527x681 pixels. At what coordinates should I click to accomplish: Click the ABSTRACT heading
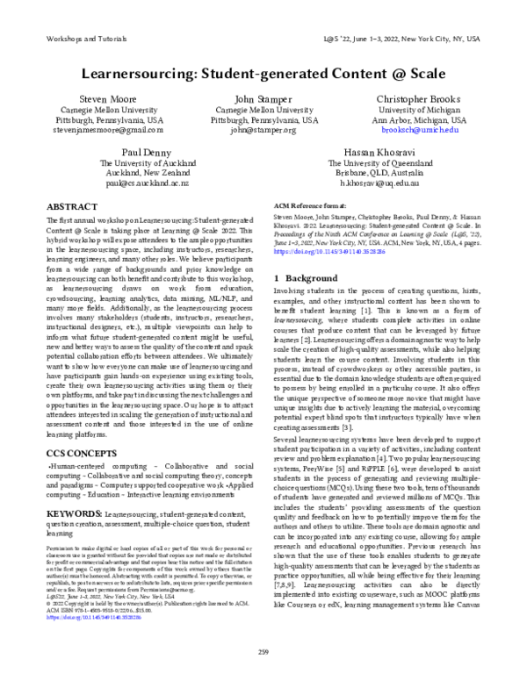coord(72,206)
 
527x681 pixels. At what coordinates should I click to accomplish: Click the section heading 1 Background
coord(307,276)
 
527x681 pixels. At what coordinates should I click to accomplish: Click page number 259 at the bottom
coord(263,650)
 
